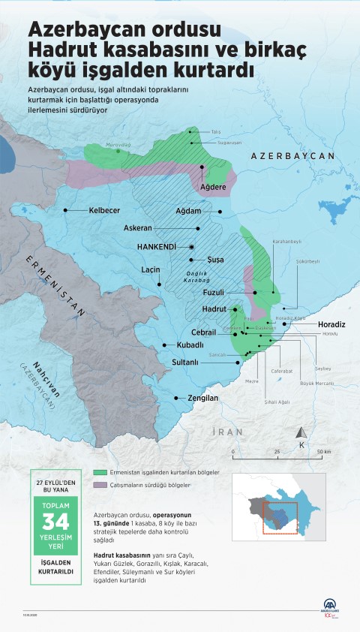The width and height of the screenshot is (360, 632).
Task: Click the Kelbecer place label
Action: pyautogui.click(x=107, y=212)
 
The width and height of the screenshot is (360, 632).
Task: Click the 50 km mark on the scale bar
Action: pyautogui.click(x=323, y=452)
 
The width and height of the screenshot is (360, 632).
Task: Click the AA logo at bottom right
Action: pyautogui.click(x=331, y=606)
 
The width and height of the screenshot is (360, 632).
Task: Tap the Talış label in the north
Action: pyautogui.click(x=215, y=131)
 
